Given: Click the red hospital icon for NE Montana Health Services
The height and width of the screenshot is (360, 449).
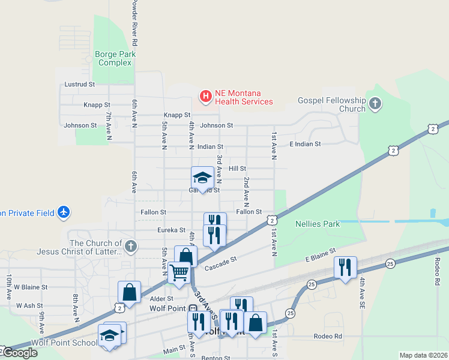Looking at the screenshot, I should click(x=206, y=95).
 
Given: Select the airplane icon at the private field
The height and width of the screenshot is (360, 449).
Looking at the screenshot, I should click(x=64, y=212).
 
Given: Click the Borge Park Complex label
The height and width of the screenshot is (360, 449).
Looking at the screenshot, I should click(x=115, y=58).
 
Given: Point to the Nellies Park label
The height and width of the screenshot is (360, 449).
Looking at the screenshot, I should click(x=318, y=224).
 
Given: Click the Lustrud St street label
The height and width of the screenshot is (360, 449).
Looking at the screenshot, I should click(x=80, y=85).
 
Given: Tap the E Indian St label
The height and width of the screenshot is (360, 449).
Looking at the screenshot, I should click(x=305, y=144).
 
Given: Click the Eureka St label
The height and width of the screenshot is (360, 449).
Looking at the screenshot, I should click(x=171, y=230).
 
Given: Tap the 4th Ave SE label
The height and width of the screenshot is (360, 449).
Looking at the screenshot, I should click(x=363, y=292).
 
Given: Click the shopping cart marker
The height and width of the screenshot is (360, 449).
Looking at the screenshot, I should click(x=179, y=272).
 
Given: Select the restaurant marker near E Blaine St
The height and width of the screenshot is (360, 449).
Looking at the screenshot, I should click(x=345, y=266).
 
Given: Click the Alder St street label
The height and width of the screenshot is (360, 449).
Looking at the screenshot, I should click(x=161, y=298).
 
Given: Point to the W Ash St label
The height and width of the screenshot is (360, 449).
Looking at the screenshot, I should click(x=28, y=305).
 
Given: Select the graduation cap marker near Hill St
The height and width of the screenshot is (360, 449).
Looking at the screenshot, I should click(x=202, y=178).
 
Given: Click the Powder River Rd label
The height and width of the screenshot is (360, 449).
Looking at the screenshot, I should click(x=135, y=24).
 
